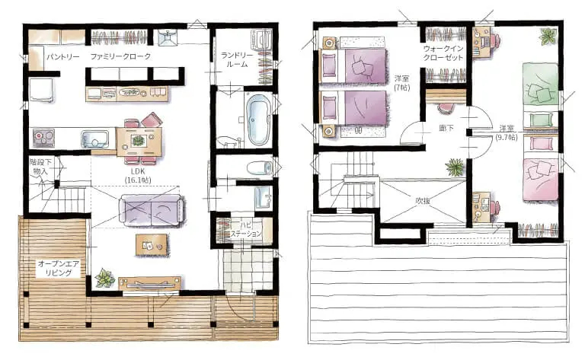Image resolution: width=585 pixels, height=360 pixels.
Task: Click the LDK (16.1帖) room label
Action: (x=138, y=175)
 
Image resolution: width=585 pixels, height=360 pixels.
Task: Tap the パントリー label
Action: (x=63, y=57)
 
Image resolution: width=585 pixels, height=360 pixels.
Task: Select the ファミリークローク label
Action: (x=120, y=56)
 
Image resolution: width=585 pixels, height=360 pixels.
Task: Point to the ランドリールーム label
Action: (x=237, y=59)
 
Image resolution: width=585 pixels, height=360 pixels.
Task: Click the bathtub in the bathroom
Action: (x=257, y=119)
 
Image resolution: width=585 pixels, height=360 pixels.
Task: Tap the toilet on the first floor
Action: (x=260, y=167)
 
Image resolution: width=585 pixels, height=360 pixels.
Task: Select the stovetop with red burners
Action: (x=43, y=138)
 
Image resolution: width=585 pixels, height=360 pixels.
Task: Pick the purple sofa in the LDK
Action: (x=152, y=211)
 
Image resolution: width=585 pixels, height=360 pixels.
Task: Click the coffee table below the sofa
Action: (x=152, y=245)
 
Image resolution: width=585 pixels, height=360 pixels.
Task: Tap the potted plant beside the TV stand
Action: (x=104, y=278)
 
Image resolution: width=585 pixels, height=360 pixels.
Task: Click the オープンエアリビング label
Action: (x=59, y=269)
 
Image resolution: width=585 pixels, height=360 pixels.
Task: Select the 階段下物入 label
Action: (x=40, y=167)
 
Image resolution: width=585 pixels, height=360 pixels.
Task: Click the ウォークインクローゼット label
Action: (x=443, y=53)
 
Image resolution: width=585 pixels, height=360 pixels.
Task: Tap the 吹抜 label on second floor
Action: (x=423, y=200)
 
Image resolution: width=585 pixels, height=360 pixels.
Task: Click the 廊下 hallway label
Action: (x=446, y=128)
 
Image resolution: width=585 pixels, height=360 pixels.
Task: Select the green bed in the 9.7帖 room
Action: (x=540, y=84)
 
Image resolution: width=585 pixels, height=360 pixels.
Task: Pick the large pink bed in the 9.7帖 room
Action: (x=541, y=180)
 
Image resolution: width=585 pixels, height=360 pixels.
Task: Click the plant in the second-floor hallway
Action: (x=456, y=167)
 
